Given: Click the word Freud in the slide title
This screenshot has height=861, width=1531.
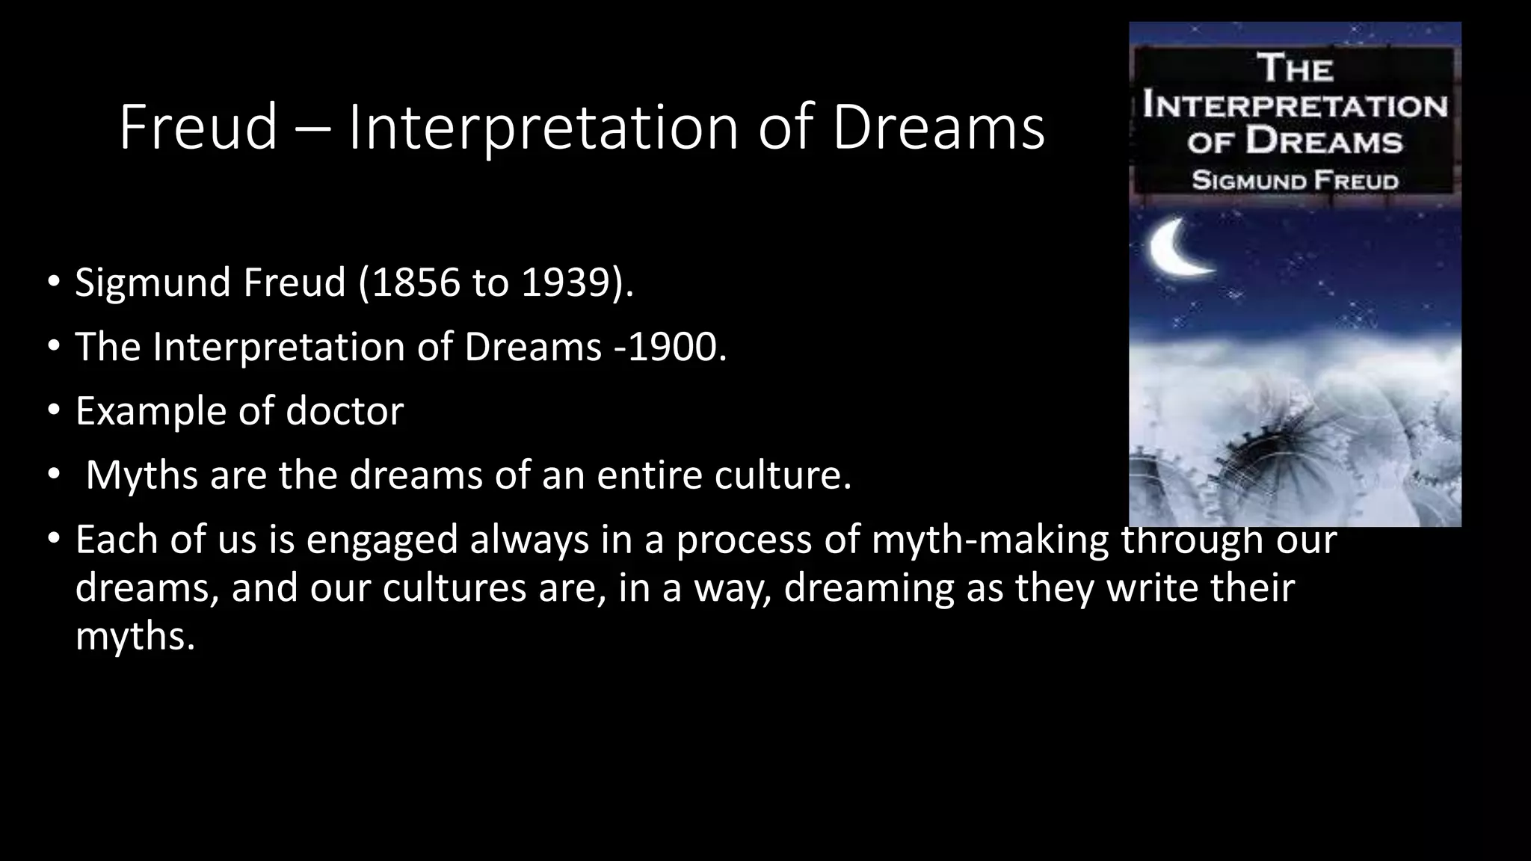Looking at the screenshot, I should click(198, 127).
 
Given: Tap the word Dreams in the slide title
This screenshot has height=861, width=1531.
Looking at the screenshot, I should click(937, 127).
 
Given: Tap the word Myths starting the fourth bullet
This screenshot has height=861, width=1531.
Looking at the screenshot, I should click(142, 475).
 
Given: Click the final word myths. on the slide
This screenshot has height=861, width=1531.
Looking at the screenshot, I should click(135, 636).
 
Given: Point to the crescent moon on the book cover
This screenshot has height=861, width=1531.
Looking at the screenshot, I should click(1177, 247).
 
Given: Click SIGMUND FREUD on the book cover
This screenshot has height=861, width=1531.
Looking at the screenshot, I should click(1295, 181).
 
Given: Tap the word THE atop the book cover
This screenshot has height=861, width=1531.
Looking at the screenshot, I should click(1295, 69).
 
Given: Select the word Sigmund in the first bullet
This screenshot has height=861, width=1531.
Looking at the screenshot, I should click(153, 283).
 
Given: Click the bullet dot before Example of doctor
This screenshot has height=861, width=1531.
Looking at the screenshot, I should click(53, 411).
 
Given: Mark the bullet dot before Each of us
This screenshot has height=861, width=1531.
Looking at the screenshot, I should click(53, 539).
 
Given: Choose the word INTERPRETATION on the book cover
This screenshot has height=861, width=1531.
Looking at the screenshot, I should click(1295, 106).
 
